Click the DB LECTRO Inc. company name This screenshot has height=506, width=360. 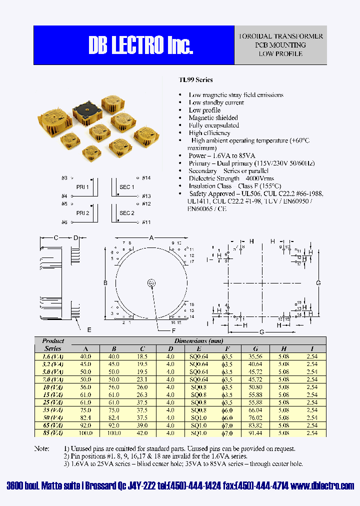(140, 45)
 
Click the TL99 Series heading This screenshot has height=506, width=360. (196, 79)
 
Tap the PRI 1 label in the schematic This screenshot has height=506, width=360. (82, 187)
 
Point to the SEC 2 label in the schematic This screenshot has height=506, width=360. (126, 213)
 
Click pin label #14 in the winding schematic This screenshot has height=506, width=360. (146, 177)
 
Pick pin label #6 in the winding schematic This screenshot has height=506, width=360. (64, 222)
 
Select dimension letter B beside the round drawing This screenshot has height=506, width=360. (105, 283)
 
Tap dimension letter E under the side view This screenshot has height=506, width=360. (89, 330)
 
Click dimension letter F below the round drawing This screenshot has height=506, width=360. (174, 330)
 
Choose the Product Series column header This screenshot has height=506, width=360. (53, 344)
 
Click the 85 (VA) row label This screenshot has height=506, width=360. (53, 432)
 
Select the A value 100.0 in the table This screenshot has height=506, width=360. (85, 432)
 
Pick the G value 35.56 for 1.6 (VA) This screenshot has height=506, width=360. (255, 356)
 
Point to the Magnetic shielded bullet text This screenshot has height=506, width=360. (213, 117)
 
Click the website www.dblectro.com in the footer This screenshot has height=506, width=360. (322, 485)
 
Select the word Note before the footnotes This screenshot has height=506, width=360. (41, 448)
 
